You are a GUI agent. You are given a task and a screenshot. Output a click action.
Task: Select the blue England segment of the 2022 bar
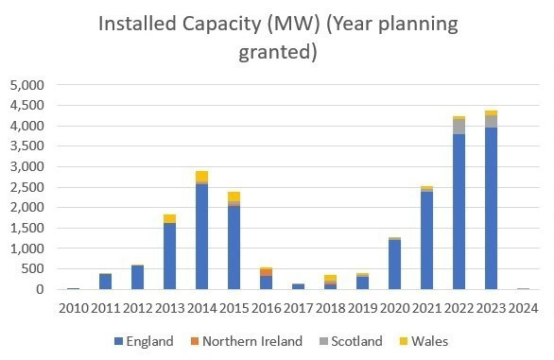point(459,212)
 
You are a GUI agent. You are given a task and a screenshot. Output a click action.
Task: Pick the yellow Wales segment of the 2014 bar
point(201,177)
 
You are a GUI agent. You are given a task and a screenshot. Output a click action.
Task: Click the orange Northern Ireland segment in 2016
point(266,272)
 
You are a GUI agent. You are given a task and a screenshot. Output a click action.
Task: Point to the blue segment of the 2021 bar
point(426,240)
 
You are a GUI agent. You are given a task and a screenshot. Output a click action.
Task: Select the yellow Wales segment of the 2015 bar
point(234,197)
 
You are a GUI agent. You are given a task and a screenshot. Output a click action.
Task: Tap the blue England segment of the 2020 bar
point(394,265)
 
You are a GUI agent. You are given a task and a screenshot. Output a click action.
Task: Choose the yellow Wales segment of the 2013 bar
point(169,218)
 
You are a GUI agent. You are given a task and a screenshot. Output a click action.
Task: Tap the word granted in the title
point(276,52)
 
